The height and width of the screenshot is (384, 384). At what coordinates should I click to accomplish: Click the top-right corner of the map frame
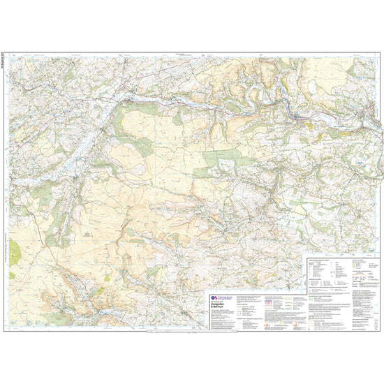click(380, 54)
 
